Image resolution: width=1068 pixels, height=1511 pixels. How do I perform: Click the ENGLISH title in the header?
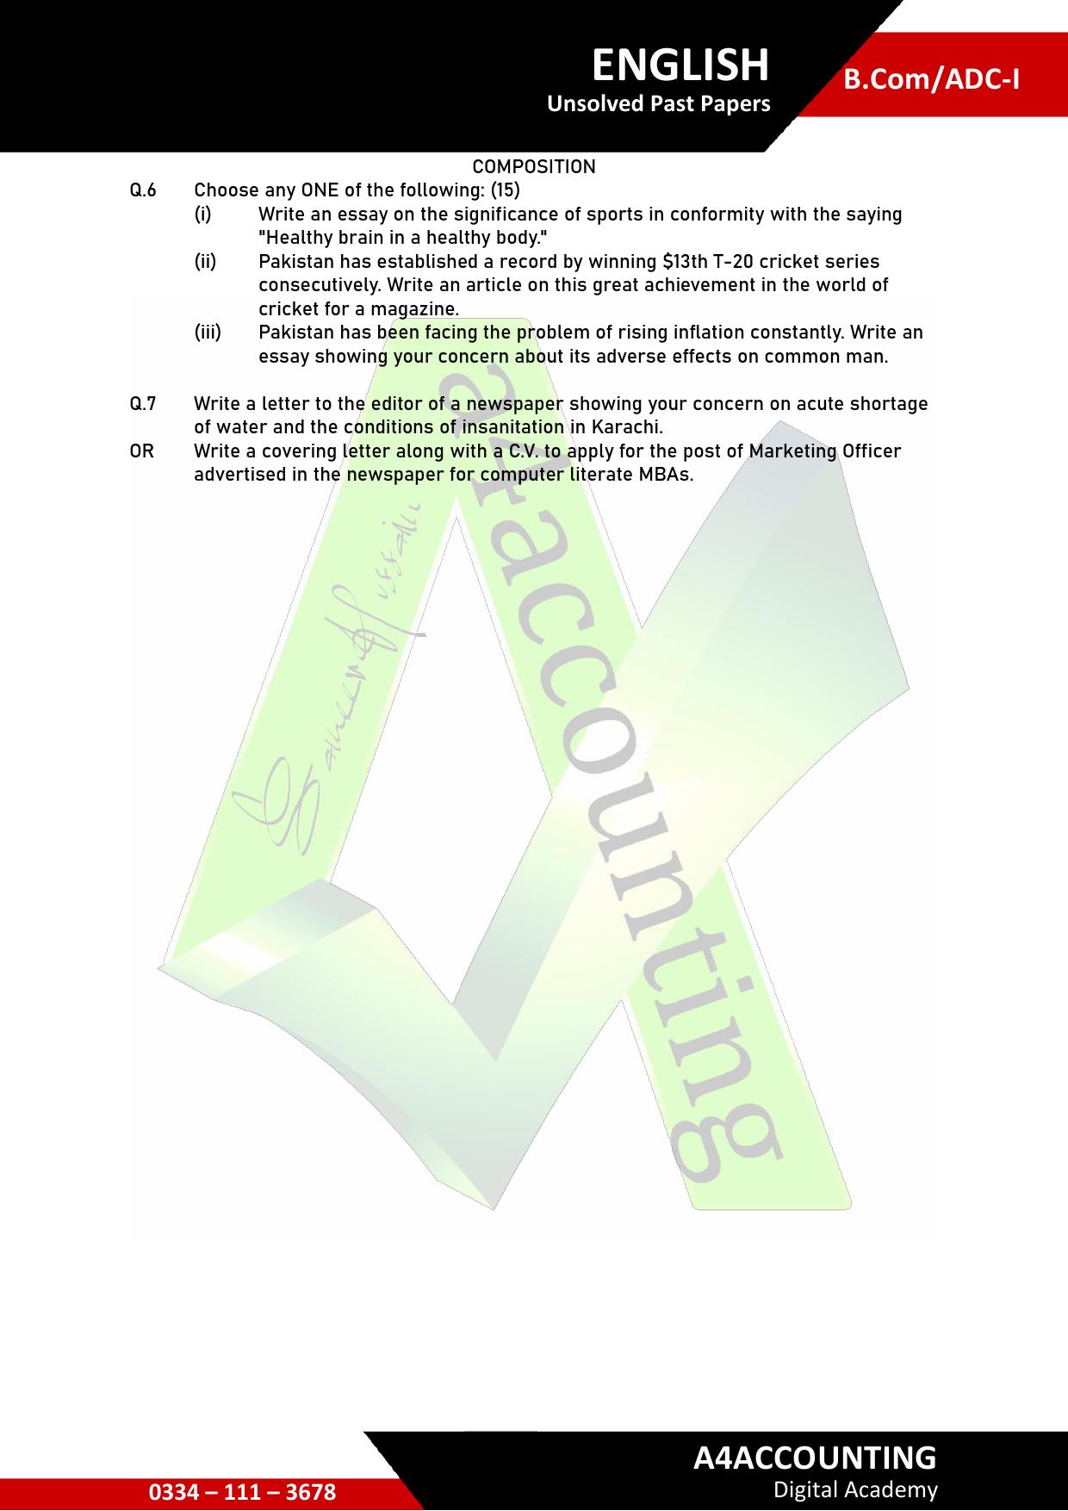coord(680,65)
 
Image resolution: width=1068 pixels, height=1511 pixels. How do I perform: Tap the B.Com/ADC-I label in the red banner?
coord(931,79)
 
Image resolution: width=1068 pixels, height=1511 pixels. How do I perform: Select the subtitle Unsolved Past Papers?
coord(659,104)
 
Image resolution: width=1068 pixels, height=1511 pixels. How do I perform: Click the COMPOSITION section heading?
coord(534,167)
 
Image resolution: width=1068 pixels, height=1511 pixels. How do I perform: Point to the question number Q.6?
coord(143,190)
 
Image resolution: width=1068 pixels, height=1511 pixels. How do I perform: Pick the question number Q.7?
coord(143,404)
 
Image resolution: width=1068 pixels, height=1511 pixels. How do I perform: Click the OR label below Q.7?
coord(141,451)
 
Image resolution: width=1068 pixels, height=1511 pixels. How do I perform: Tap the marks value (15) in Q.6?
coord(506,190)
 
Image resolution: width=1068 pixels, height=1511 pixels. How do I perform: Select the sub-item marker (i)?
coord(202,214)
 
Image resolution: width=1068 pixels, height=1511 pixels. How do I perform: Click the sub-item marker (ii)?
coord(205,261)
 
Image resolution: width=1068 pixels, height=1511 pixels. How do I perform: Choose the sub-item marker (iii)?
coord(208,333)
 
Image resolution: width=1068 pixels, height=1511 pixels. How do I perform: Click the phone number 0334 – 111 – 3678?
coord(242,1492)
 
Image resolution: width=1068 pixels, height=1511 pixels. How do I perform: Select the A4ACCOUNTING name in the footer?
coord(815,1457)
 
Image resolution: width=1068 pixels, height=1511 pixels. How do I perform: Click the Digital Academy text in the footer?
coord(855,1489)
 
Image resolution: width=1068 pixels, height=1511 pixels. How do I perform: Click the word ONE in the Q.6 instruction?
coord(320,190)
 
